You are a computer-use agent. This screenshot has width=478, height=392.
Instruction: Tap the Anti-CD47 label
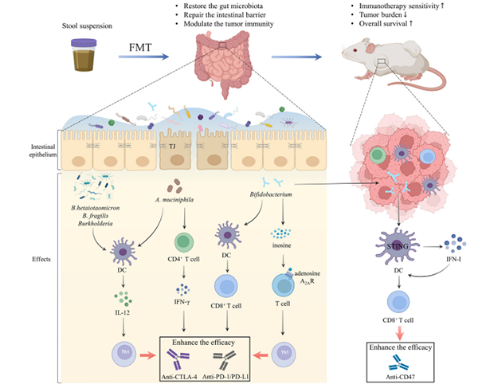coord(398,379)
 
